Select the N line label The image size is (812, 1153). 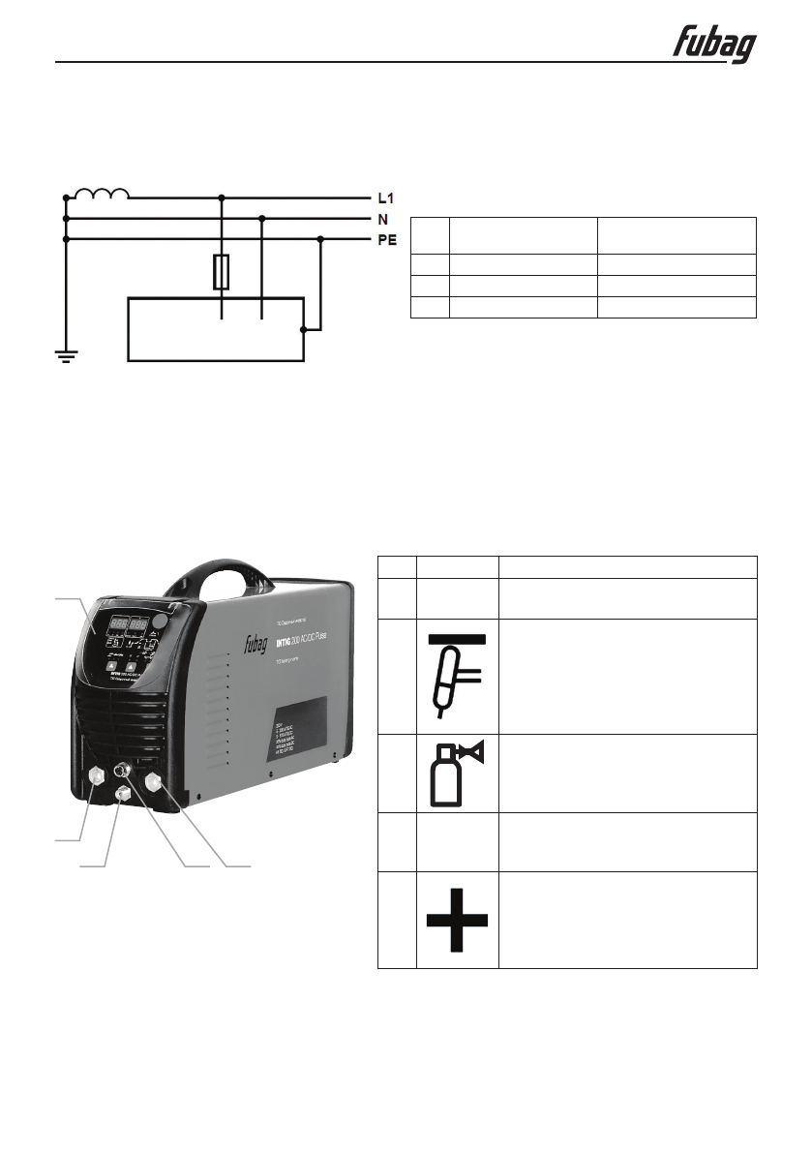pyautogui.click(x=381, y=219)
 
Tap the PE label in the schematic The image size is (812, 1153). pyautogui.click(x=386, y=240)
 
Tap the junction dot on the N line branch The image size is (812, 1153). pyautogui.click(x=262, y=219)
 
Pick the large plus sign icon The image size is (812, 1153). pyautogui.click(x=458, y=919)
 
